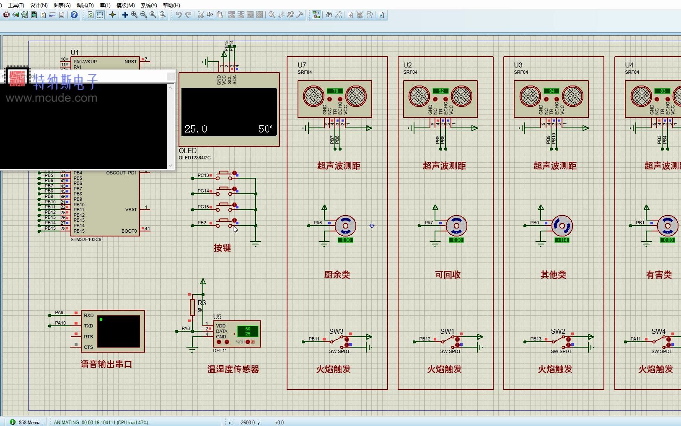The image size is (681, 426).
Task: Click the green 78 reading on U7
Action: [x=335, y=91]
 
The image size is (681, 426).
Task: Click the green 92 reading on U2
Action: [x=441, y=91]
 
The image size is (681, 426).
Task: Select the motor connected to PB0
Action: [x=562, y=226]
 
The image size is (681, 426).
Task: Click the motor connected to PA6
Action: [x=345, y=226]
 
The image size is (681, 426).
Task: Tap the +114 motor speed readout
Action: [x=562, y=240]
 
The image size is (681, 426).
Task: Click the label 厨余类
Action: [x=337, y=275]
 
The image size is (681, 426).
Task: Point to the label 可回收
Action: [x=448, y=275]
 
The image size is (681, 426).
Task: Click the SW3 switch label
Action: [x=336, y=331]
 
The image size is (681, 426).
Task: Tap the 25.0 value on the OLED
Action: [x=196, y=129]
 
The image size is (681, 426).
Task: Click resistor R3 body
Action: [x=192, y=307]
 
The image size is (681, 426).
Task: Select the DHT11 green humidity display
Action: [x=248, y=331]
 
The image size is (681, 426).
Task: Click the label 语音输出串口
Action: [x=106, y=364]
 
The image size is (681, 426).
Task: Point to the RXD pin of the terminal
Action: [x=88, y=315]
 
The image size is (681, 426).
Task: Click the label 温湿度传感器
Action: [x=233, y=369]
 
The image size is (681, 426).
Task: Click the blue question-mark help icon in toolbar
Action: [x=74, y=15]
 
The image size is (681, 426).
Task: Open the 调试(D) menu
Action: [x=85, y=5]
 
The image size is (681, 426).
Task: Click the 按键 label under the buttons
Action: [x=222, y=248]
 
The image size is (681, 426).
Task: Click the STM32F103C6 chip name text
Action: [x=86, y=239]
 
